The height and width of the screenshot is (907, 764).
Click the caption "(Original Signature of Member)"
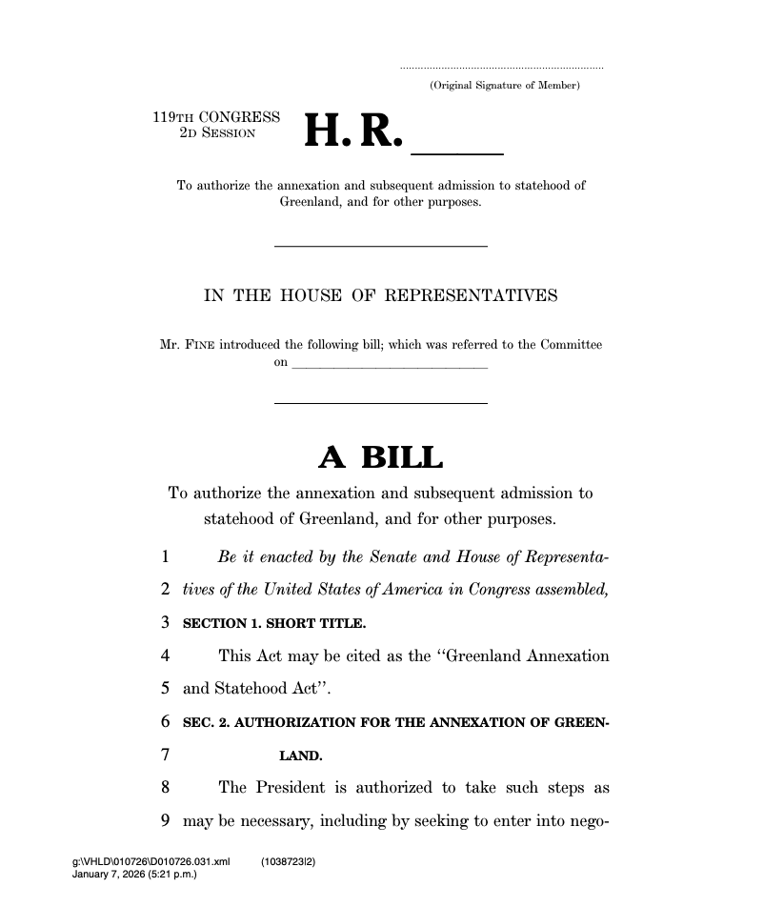504,87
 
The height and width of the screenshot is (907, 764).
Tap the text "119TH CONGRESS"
216,118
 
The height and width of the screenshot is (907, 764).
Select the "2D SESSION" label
217,133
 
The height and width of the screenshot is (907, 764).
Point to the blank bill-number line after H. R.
456,151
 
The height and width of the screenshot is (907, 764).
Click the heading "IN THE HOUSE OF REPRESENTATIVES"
381,296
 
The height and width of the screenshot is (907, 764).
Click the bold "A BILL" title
380,459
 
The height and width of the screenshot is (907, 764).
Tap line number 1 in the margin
165,556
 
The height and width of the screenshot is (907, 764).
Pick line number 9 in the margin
165,819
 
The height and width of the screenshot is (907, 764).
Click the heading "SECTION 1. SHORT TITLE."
274,624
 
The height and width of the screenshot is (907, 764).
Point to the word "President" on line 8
292,788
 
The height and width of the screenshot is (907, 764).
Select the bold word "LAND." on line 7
301,756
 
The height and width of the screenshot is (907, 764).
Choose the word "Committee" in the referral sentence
571,345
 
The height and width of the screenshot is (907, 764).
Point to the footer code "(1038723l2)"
288,861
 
